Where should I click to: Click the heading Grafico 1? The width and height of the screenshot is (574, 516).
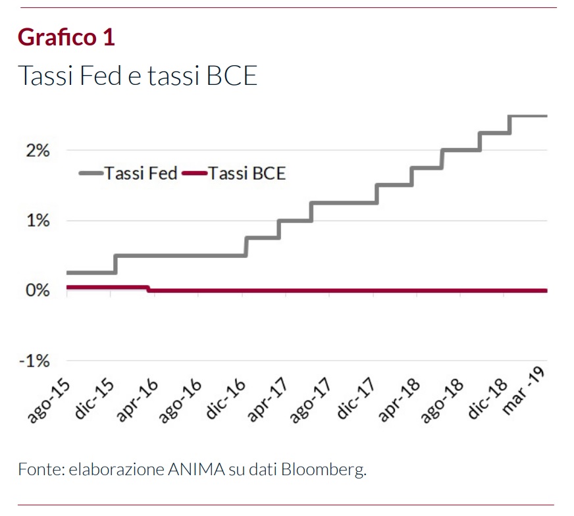point(66,37)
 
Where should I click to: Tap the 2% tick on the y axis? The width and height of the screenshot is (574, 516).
point(38,151)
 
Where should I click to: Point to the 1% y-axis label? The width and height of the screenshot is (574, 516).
point(38,221)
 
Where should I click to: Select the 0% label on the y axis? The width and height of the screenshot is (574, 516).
point(38,291)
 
